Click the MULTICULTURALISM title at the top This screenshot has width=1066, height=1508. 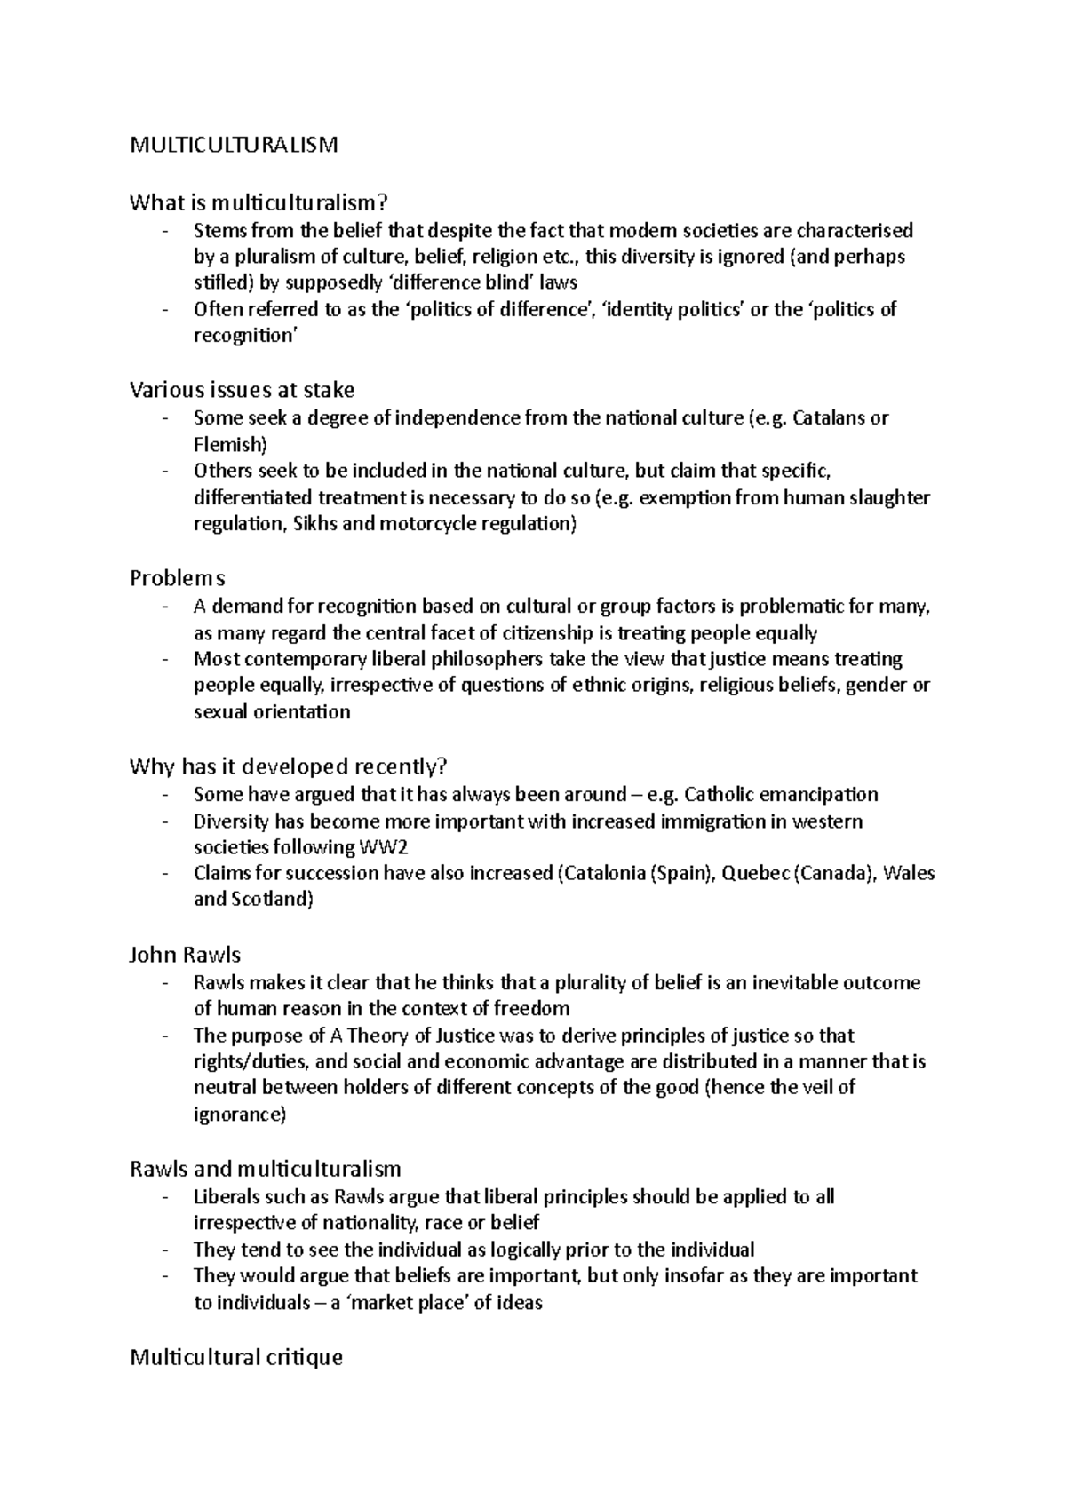[234, 145]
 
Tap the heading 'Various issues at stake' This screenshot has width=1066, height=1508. [242, 390]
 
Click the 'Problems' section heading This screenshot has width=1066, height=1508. [177, 578]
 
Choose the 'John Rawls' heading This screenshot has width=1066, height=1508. [185, 955]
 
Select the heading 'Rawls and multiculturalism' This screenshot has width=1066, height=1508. [265, 1169]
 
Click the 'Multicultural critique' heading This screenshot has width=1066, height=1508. [235, 1357]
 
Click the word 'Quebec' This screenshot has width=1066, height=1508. [754, 873]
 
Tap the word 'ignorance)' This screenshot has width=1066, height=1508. [240, 1114]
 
